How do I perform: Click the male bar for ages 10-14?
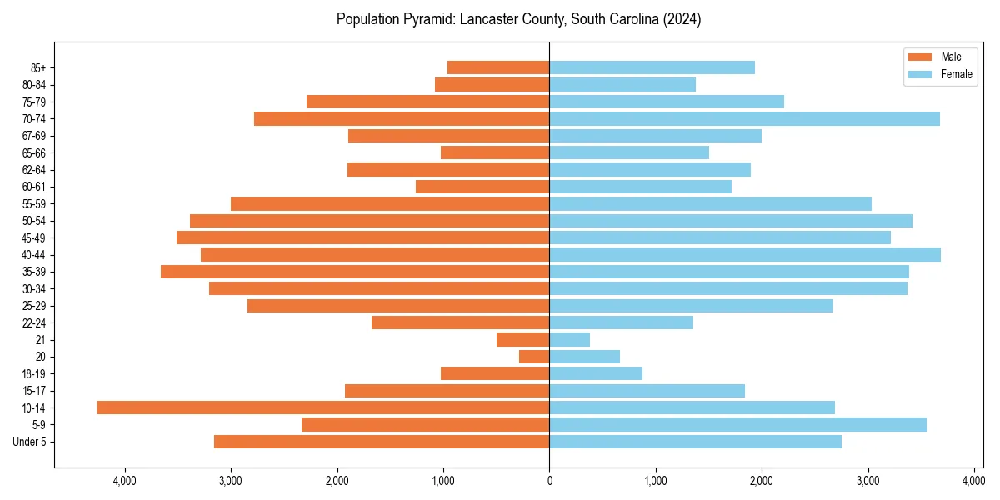tap(322, 407)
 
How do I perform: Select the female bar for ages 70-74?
tap(744, 119)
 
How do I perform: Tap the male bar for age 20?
tap(534, 357)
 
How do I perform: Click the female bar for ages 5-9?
tap(737, 425)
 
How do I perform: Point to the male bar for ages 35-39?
tap(355, 272)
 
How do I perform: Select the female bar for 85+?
tap(652, 67)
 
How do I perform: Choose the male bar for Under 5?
tap(382, 442)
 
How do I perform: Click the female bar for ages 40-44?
tap(745, 255)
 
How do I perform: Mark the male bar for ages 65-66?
tap(495, 152)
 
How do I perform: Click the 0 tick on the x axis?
tap(549, 481)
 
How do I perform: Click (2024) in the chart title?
tap(682, 19)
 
